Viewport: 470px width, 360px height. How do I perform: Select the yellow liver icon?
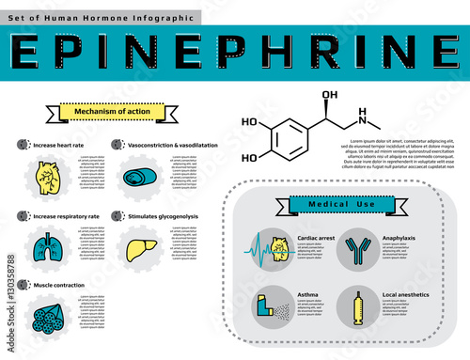[x=138, y=246]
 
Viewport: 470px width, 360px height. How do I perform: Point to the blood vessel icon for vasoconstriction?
[x=137, y=177]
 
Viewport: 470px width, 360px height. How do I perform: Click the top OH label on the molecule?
[x=329, y=96]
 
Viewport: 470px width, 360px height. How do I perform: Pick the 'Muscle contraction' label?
[x=58, y=284]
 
